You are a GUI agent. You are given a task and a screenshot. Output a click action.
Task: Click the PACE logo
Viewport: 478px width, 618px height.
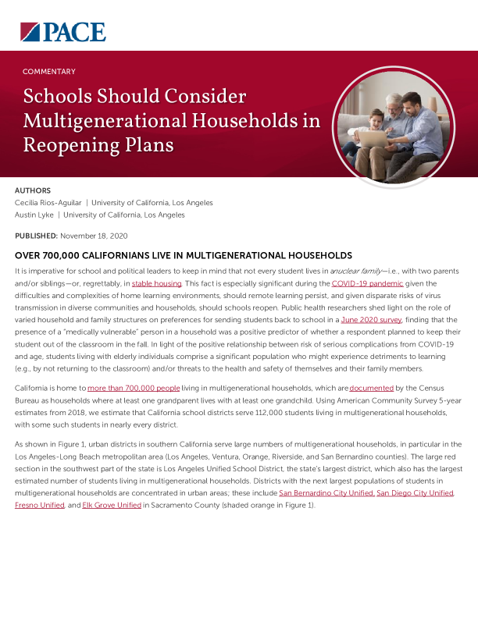(62, 31)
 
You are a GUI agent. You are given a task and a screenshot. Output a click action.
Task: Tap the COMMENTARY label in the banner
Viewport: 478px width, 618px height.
(49, 71)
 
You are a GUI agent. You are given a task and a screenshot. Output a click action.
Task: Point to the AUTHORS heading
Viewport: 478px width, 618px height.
(33, 190)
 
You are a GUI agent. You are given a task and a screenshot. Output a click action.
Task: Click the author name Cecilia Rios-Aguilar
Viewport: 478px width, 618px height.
(48, 203)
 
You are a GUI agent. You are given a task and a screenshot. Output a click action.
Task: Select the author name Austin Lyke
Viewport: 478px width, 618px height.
(37, 215)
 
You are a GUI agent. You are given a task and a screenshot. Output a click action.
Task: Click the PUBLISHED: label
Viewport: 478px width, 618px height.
(36, 236)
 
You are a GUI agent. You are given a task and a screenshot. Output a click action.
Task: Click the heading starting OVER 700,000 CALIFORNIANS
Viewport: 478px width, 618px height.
(184, 256)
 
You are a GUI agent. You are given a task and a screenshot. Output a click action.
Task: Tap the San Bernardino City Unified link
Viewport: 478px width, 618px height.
(326, 494)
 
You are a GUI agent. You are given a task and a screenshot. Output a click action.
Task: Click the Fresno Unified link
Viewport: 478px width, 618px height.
(40, 506)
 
